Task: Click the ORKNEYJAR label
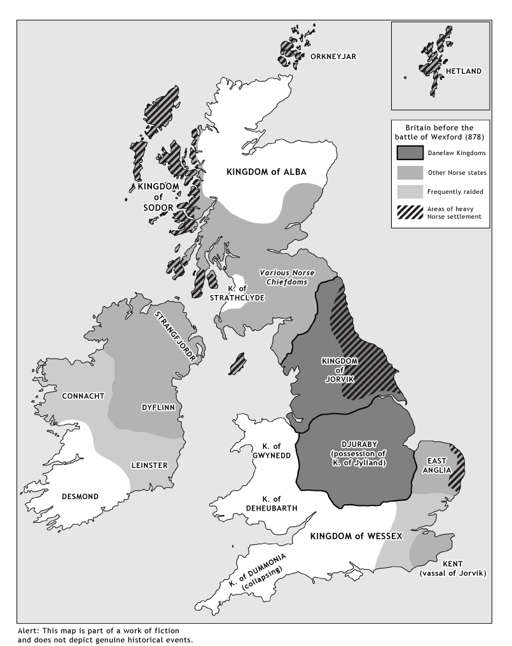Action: click(x=333, y=57)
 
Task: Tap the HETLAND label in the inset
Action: click(x=463, y=71)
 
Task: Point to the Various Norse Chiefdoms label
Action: click(x=287, y=277)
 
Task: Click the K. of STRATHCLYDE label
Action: click(x=239, y=292)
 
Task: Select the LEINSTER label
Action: click(x=149, y=465)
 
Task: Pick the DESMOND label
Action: click(x=80, y=495)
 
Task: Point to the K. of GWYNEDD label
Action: click(x=275, y=450)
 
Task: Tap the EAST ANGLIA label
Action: click(x=439, y=465)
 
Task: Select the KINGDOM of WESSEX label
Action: click(x=356, y=536)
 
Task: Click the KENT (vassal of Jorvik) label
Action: click(x=453, y=568)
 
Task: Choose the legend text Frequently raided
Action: click(x=454, y=192)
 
